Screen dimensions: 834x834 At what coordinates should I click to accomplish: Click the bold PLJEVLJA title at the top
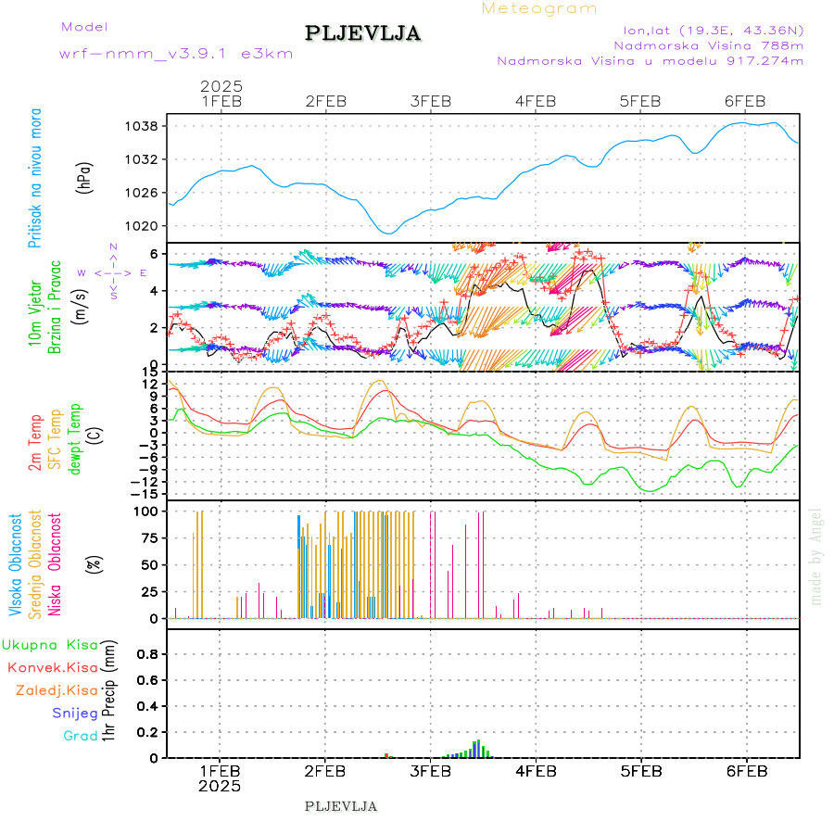click(x=363, y=33)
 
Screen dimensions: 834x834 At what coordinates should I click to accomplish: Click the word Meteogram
click(x=539, y=8)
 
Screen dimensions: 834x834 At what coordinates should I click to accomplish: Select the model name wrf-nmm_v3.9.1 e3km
click(x=176, y=54)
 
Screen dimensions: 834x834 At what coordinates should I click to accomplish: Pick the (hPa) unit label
click(x=85, y=177)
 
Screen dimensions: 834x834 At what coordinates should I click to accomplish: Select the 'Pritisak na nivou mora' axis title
click(x=36, y=178)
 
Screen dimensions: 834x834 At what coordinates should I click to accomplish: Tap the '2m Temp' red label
click(x=35, y=442)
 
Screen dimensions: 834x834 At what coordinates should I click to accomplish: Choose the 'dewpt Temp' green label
click(x=75, y=436)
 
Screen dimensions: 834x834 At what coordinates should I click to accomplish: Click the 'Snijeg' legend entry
click(x=75, y=714)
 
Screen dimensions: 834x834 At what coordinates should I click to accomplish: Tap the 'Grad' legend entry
click(x=81, y=737)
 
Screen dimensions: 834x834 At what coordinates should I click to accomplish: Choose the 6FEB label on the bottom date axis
click(x=746, y=771)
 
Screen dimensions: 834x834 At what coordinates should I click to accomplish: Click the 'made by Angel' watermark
click(x=816, y=555)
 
